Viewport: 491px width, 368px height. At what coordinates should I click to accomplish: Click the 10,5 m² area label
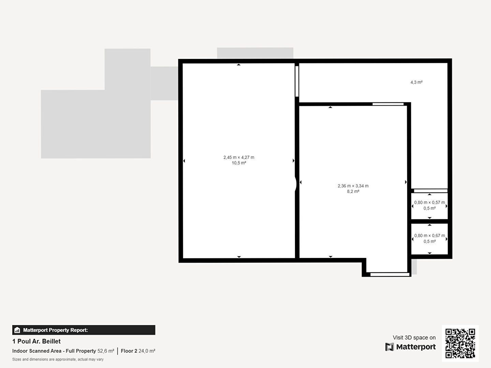pyautogui.click(x=239, y=163)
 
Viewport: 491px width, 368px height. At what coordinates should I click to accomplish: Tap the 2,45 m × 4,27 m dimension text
pyautogui.click(x=239, y=157)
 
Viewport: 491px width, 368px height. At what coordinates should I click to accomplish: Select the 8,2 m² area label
pyautogui.click(x=353, y=191)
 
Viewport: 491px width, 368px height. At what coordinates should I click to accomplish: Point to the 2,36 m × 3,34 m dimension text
pyautogui.click(x=353, y=186)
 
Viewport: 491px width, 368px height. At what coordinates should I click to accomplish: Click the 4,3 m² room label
pyautogui.click(x=416, y=82)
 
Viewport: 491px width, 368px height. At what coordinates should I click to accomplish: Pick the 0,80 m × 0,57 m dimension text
pyautogui.click(x=430, y=202)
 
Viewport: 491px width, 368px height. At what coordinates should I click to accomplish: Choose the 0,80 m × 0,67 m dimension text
pyautogui.click(x=430, y=235)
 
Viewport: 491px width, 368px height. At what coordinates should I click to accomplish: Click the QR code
pyautogui.click(x=460, y=343)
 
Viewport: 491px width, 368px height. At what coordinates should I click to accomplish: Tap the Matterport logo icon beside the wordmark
pyautogui.click(x=389, y=347)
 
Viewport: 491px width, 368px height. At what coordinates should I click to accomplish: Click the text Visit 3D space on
pyautogui.click(x=414, y=337)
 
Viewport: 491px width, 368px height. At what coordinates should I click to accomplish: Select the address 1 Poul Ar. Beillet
pyautogui.click(x=36, y=341)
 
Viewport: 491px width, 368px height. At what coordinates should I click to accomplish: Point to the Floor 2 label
pyautogui.click(x=129, y=351)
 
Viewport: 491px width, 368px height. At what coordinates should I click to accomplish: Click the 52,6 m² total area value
pyautogui.click(x=106, y=351)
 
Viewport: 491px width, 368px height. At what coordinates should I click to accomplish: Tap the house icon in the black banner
pyautogui.click(x=17, y=330)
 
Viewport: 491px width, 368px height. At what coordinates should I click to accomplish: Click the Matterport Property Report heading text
pyautogui.click(x=56, y=330)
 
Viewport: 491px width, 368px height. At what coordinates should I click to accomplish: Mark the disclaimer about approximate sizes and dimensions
pyautogui.click(x=58, y=359)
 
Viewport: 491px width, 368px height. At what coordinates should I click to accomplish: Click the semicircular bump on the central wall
pyautogui.click(x=296, y=184)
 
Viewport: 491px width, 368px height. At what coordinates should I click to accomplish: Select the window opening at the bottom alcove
pyautogui.click(x=390, y=274)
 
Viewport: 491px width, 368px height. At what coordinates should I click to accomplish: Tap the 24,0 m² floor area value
pyautogui.click(x=147, y=351)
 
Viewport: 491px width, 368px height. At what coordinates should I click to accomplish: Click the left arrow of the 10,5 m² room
pyautogui.click(x=184, y=161)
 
